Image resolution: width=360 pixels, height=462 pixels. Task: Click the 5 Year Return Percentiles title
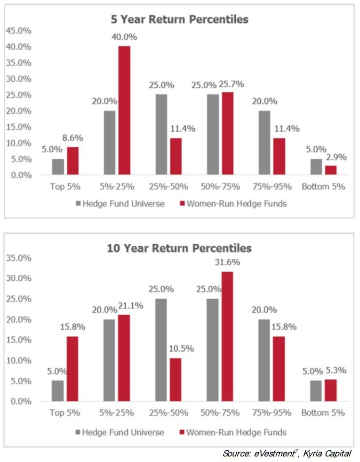click(x=179, y=19)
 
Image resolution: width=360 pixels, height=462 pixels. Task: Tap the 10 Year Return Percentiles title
click(x=179, y=247)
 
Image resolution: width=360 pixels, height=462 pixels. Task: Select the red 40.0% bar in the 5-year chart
click(x=124, y=110)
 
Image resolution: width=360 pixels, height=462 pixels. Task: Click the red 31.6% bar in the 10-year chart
click(x=227, y=336)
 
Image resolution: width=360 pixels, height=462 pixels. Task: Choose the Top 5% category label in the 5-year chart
click(x=65, y=187)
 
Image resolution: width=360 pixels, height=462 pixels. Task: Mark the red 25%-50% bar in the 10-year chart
click(x=176, y=380)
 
